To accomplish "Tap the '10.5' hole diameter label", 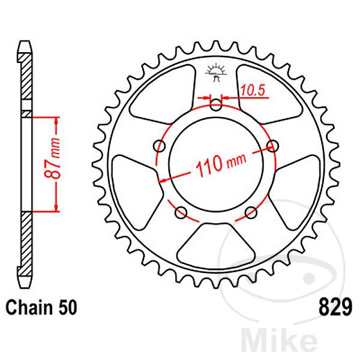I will point(253,91).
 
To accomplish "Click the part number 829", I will point(332,308).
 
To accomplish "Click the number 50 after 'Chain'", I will point(67,308).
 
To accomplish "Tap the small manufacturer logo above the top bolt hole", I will point(215,73).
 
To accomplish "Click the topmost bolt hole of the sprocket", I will point(215,105).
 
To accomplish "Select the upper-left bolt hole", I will point(160,146).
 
